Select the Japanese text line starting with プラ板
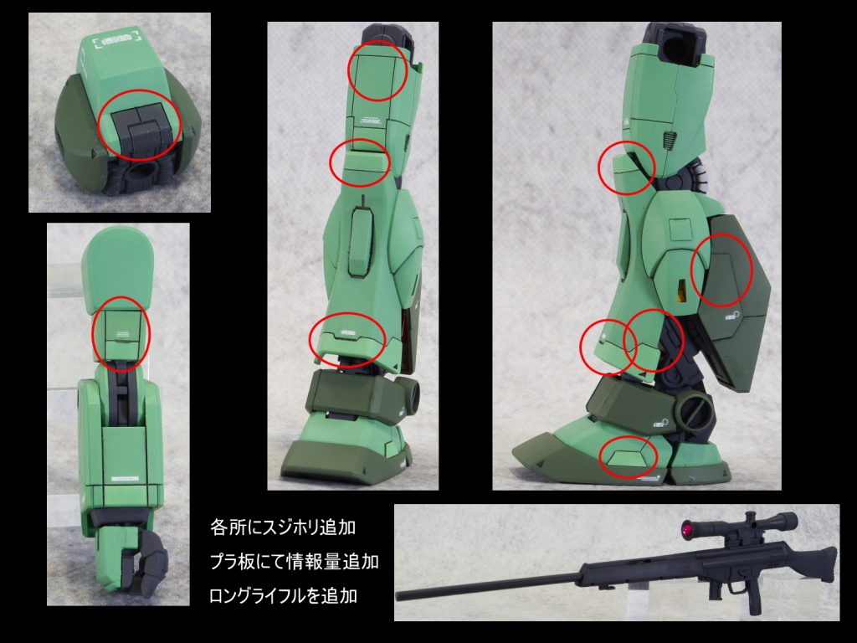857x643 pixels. click(294, 562)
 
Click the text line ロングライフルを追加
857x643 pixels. click(283, 595)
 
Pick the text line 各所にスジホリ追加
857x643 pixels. click(283, 527)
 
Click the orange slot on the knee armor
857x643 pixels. click(681, 291)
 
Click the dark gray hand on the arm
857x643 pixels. click(146, 563)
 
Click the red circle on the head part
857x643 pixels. click(139, 126)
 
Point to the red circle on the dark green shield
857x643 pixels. click(721, 270)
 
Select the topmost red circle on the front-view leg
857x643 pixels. click(377, 70)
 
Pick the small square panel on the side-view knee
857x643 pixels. click(680, 229)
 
